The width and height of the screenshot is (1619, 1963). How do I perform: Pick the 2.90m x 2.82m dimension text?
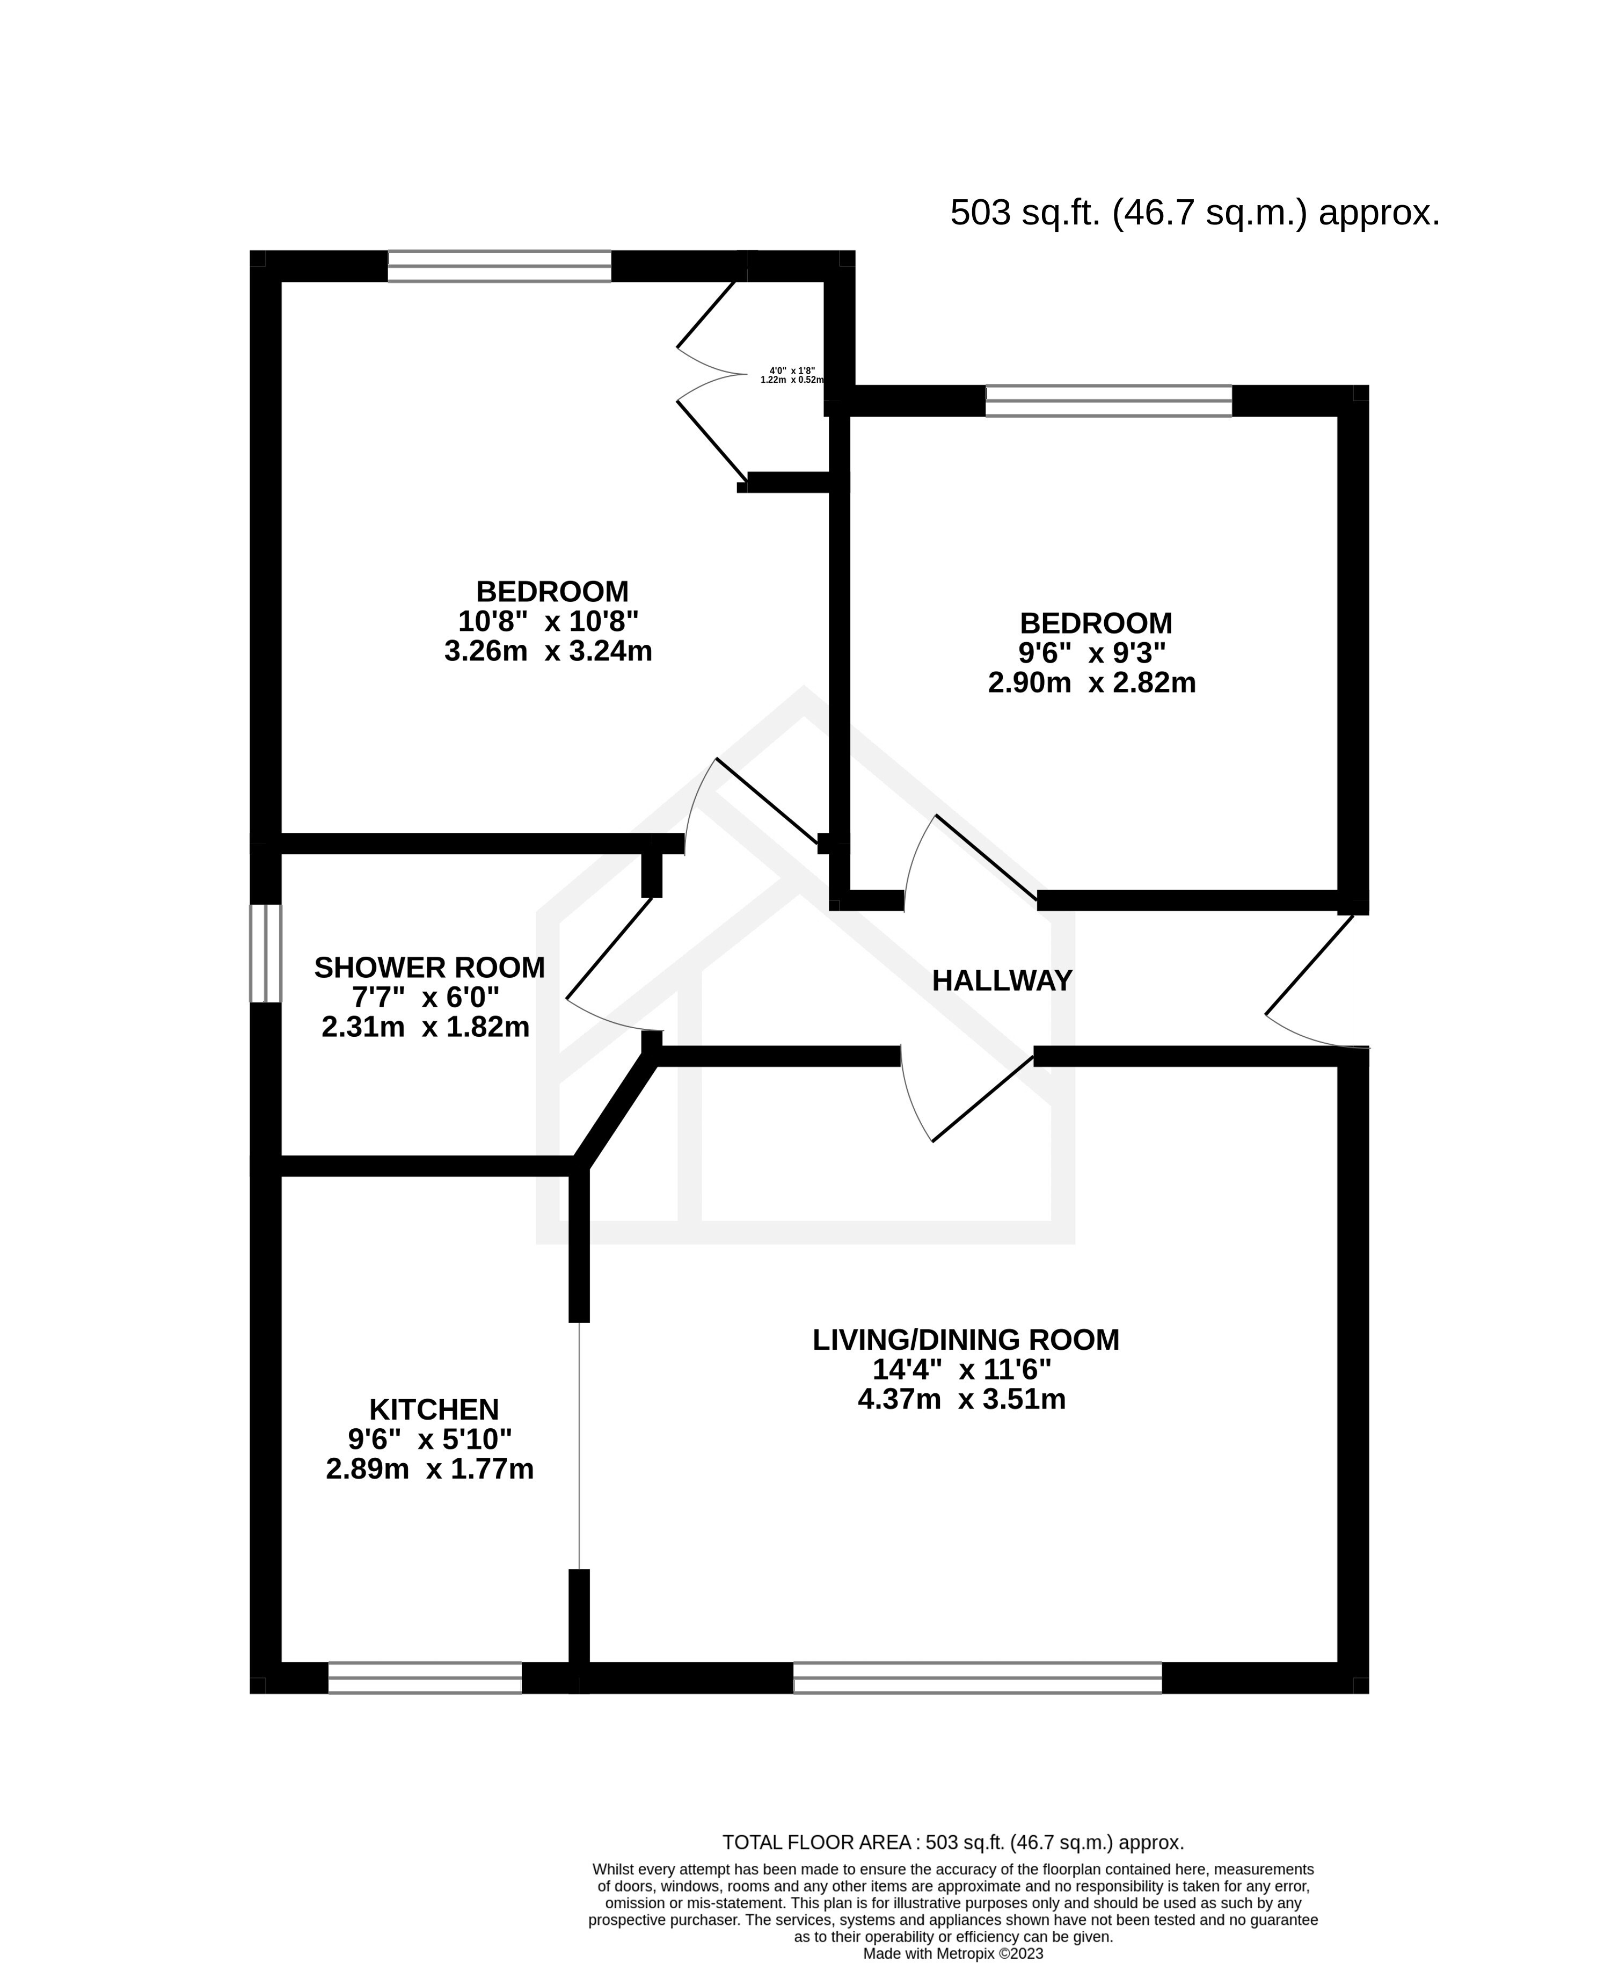click(x=1091, y=683)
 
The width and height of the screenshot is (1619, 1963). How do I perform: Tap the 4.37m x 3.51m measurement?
click(x=961, y=1399)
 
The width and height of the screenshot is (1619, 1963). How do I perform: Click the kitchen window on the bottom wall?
click(x=424, y=1677)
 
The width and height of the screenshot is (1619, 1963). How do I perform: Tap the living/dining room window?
click(x=978, y=1677)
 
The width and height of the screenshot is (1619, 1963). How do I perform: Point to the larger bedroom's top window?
click(x=499, y=266)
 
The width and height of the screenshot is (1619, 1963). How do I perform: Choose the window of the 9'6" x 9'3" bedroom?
click(x=1109, y=400)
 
